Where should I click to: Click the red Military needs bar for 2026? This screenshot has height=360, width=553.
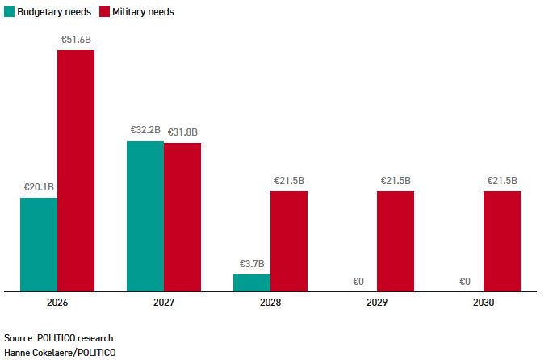(x=76, y=170)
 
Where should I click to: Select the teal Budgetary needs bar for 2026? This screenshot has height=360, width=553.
(x=39, y=244)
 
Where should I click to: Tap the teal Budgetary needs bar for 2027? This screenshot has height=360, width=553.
(x=145, y=216)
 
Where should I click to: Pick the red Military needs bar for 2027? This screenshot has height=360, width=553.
(x=182, y=216)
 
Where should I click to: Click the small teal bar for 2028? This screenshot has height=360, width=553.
(x=252, y=283)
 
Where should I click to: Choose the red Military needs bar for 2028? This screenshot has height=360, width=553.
(x=289, y=241)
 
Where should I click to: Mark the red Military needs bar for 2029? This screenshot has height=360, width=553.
(x=396, y=241)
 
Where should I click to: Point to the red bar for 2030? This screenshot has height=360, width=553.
(x=502, y=241)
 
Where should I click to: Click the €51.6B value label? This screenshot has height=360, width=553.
(x=76, y=39)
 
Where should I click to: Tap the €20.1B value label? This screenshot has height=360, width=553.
(x=39, y=186)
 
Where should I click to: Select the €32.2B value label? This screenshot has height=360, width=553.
(x=145, y=130)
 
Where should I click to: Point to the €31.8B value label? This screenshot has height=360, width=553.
(x=182, y=132)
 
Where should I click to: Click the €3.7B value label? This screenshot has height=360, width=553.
(x=252, y=263)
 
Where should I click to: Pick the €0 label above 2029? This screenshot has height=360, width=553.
(x=358, y=282)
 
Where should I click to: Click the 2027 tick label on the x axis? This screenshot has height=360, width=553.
(x=164, y=303)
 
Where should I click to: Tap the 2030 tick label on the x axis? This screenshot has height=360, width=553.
(x=484, y=303)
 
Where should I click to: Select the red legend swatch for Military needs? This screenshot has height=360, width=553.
(x=104, y=12)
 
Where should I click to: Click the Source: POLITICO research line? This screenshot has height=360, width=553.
(x=58, y=337)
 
